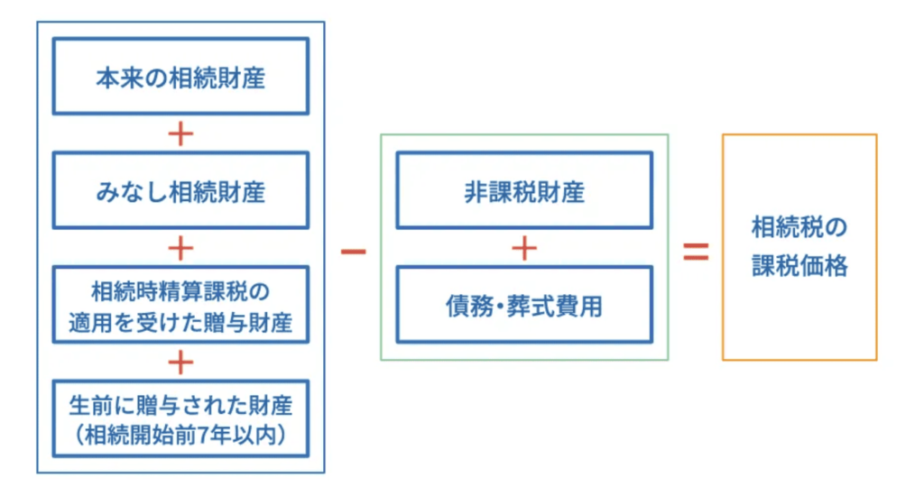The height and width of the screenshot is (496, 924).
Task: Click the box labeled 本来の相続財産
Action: [180, 77]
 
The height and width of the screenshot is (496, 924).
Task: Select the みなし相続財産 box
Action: [180, 190]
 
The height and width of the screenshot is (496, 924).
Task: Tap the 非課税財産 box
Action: [524, 190]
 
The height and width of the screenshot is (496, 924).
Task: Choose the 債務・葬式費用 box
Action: [524, 304]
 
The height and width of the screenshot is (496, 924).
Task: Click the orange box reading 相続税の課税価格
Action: [799, 247]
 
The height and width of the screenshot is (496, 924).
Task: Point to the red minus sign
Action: [353, 251]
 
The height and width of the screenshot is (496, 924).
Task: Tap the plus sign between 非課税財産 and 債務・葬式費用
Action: [524, 247]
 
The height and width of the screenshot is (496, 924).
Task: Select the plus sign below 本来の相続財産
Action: [180, 133]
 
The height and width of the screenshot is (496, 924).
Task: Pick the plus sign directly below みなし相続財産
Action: [180, 247]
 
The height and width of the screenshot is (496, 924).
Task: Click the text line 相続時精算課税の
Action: [180, 291]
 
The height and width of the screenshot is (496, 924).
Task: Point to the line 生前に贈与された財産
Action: [180, 405]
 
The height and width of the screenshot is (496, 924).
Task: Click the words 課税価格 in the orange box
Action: [799, 267]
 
